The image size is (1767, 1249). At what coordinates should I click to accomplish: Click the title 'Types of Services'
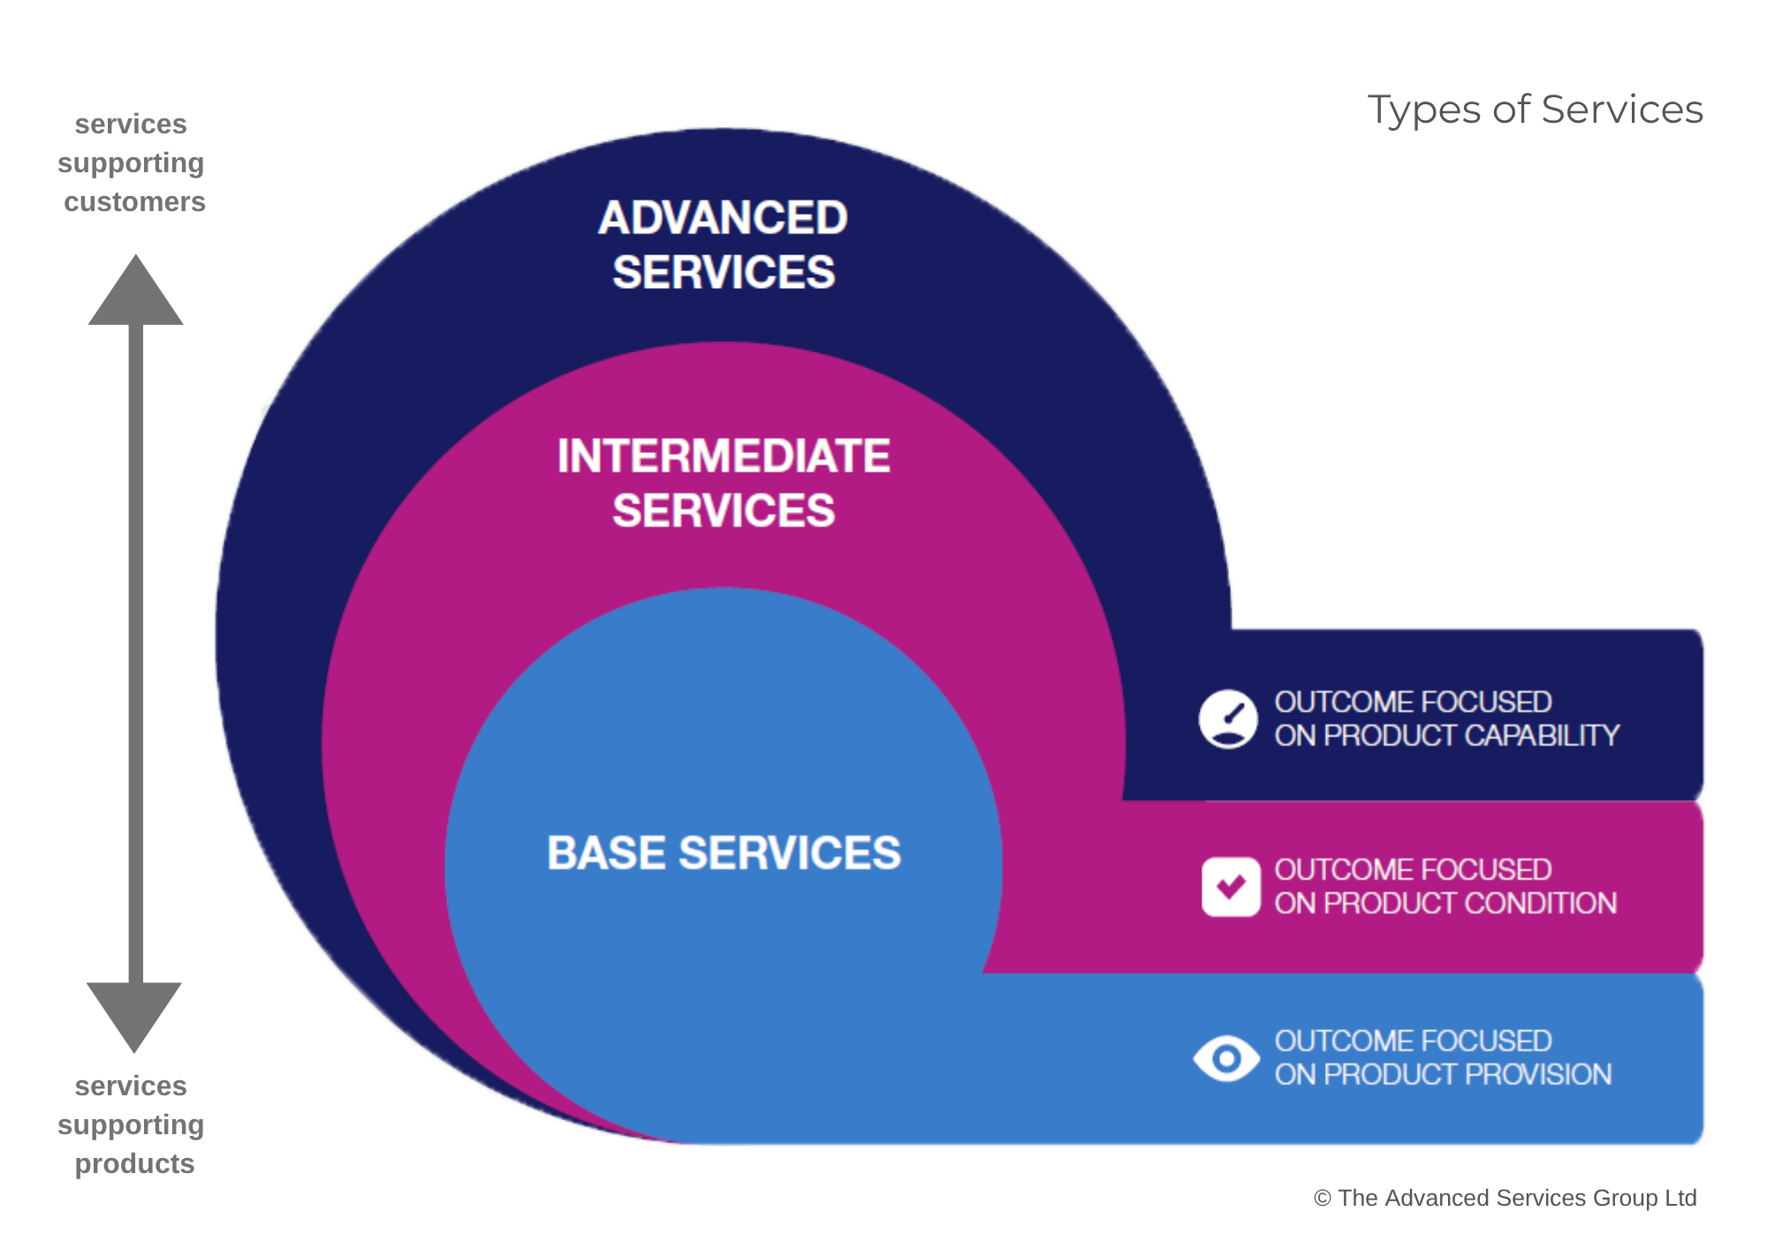[x=1535, y=110]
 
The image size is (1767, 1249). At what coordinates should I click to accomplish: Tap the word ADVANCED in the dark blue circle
[x=723, y=218]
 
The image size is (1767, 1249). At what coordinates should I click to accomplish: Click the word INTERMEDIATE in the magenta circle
[x=724, y=457]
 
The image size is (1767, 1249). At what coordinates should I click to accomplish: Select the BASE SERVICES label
[x=724, y=853]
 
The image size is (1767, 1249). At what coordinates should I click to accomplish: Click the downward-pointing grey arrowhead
[x=134, y=1013]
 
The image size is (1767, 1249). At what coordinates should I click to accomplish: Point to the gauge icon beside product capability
[x=1228, y=719]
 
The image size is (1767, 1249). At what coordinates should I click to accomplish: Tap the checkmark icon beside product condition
[x=1231, y=887]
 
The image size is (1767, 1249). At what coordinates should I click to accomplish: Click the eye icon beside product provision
[x=1226, y=1057]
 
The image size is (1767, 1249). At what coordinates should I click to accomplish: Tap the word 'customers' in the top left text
[x=134, y=202]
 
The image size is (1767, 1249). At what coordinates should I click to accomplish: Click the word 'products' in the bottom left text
[x=134, y=1163]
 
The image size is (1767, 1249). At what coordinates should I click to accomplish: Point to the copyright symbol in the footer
[x=1322, y=1199]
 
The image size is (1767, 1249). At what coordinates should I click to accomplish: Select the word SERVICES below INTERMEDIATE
[x=724, y=511]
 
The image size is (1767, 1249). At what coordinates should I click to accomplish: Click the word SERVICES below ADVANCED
[x=724, y=272]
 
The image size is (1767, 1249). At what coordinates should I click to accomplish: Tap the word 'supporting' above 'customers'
[x=131, y=163]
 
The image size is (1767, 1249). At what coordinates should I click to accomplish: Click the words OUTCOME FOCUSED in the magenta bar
[x=1413, y=870]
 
